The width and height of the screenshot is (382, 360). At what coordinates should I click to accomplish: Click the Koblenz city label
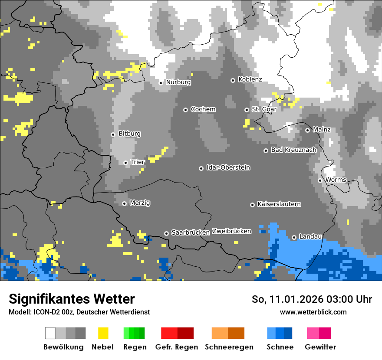(x=250, y=80)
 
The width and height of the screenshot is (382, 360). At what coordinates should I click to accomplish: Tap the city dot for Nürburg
(x=161, y=82)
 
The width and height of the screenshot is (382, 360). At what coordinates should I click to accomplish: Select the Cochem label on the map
(x=203, y=109)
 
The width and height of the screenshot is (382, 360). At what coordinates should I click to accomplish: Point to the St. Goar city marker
(x=247, y=110)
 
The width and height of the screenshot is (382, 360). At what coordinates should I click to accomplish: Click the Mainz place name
(x=321, y=130)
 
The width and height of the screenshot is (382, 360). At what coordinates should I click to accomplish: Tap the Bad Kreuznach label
(x=293, y=150)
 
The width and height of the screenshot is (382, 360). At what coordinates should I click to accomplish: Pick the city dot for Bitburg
(x=113, y=134)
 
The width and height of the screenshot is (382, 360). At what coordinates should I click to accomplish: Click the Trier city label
(x=138, y=162)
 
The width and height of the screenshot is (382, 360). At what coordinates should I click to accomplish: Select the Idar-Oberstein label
(x=228, y=167)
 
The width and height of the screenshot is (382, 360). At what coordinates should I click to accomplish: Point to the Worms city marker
(x=320, y=180)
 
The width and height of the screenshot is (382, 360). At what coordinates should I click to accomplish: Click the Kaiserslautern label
(x=279, y=204)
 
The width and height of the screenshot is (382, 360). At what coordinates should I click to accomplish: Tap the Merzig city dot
(x=124, y=203)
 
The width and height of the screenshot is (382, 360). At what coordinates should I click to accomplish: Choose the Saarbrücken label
(x=191, y=232)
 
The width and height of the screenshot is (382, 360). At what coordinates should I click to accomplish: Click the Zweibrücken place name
(x=231, y=231)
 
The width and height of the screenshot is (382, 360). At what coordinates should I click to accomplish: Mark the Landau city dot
(x=294, y=237)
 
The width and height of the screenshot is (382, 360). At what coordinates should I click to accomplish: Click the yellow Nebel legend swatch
(x=103, y=333)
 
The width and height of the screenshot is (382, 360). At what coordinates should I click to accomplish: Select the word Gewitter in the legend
(x=320, y=347)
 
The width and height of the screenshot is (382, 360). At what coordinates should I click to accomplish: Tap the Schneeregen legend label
(x=229, y=347)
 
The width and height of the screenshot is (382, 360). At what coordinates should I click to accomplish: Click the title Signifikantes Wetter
(x=72, y=299)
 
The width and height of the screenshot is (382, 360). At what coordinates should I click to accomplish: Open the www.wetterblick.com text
(x=313, y=312)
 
